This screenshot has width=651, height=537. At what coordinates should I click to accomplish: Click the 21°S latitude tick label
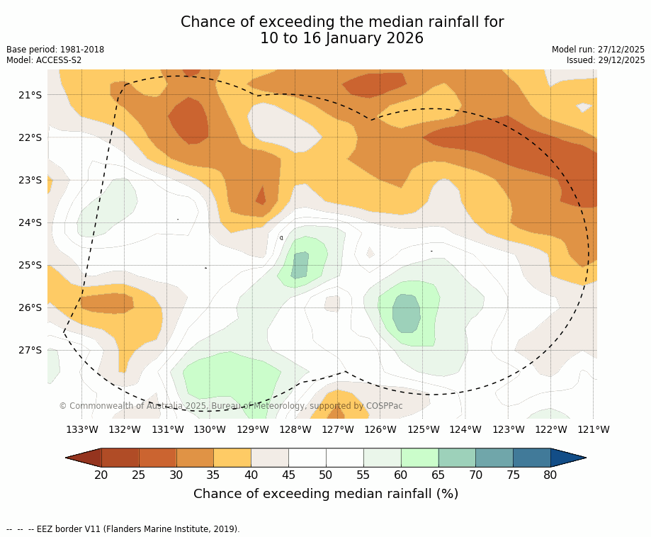tap(30, 95)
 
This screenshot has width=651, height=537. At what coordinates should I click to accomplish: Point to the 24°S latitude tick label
tap(30, 222)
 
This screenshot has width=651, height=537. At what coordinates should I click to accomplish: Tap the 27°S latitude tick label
tap(30, 350)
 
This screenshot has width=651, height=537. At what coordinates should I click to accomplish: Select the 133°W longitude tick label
tap(82, 429)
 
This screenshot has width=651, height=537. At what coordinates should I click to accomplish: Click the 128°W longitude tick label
tap(295, 429)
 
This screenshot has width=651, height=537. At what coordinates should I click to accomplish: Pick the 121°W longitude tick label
tap(594, 429)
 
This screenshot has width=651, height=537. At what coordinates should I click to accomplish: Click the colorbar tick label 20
tap(101, 475)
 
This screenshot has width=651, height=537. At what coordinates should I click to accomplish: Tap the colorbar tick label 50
tap(326, 475)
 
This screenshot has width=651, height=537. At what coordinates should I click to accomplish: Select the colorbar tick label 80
tap(550, 475)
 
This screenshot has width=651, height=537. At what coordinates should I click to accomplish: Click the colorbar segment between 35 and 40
tap(232, 458)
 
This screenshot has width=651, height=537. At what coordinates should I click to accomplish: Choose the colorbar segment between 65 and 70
tap(457, 458)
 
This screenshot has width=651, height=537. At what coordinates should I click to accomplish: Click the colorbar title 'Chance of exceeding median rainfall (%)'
tap(326, 494)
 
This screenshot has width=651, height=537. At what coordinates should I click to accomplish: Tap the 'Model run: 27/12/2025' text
tap(598, 50)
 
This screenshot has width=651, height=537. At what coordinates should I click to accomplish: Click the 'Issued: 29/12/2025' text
tap(606, 60)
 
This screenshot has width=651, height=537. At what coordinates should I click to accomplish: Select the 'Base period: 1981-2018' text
tap(55, 50)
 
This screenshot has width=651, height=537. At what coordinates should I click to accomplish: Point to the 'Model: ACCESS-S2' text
tap(44, 60)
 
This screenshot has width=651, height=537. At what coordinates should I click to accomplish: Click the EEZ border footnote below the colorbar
tap(123, 529)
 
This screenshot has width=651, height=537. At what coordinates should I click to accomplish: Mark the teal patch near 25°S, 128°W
tap(300, 265)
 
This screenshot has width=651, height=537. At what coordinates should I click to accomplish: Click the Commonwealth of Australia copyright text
tap(230, 406)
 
